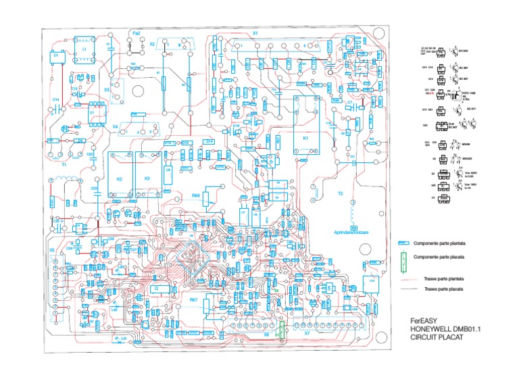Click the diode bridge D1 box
[x=57, y=55]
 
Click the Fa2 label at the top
[x=137, y=32]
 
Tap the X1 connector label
[x=255, y=32]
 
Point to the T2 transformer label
[x=341, y=193]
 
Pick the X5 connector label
[x=52, y=249]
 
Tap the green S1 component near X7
[x=282, y=331]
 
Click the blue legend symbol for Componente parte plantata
[x=404, y=243]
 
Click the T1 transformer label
[x=64, y=164]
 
